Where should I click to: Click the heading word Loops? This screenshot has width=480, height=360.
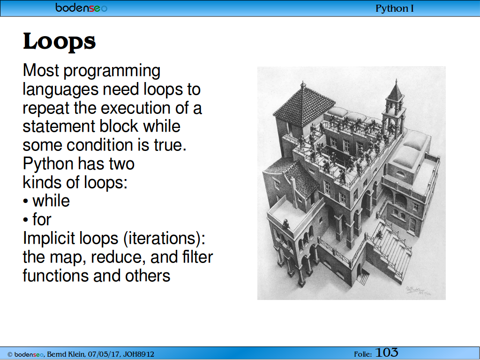[x=60, y=41]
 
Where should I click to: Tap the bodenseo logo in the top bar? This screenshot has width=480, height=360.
[x=82, y=7]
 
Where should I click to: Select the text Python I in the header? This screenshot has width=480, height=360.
[x=395, y=8]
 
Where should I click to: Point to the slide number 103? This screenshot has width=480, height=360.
[x=387, y=352]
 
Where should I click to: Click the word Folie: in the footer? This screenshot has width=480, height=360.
[x=363, y=354]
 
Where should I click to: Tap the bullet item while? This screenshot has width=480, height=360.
[x=51, y=201]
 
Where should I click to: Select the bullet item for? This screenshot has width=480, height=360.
[x=42, y=219]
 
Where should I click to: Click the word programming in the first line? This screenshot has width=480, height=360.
[x=112, y=71]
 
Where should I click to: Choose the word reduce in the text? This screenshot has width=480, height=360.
[x=118, y=257]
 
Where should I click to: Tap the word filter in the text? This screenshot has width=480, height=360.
[x=197, y=257]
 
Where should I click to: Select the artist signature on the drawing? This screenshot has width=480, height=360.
[x=418, y=290]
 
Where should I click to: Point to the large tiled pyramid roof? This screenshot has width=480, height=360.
[x=304, y=105]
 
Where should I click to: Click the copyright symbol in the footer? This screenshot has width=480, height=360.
[x=10, y=354]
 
